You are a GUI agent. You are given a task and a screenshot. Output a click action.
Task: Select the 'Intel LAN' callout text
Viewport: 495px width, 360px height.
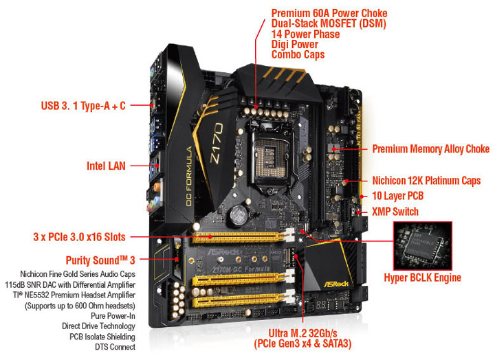106,166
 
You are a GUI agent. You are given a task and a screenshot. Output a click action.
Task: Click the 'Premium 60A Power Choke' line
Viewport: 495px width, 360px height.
329,13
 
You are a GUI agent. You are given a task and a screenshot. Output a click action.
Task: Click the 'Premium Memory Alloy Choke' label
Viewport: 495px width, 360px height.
430,148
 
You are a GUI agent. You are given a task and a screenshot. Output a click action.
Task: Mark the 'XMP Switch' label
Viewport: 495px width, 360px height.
395,212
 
